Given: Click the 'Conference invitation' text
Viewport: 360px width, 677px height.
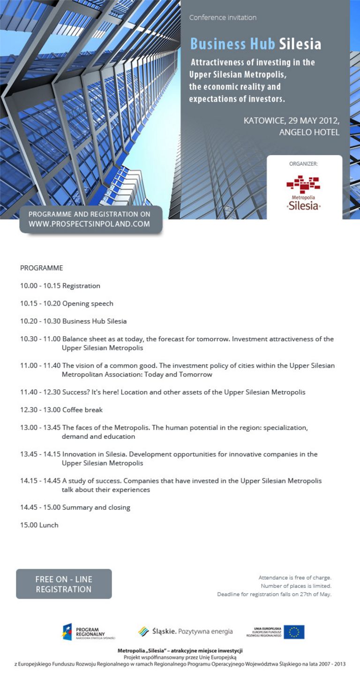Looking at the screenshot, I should pos(223,17).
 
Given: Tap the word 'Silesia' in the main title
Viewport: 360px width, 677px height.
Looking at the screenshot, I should pos(300,44).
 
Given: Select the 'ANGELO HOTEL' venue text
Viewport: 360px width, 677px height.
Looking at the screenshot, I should pos(309,132).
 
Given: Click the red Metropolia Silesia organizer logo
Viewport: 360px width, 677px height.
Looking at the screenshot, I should pos(303,192).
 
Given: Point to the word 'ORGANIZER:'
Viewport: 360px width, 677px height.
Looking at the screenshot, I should pos(303,164).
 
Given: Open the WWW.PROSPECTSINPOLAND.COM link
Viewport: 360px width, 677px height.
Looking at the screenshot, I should pos(89,224).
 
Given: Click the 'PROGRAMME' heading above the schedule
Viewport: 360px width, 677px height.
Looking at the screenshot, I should pos(41,268).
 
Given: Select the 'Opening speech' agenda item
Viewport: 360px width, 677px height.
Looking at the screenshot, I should pos(88,304).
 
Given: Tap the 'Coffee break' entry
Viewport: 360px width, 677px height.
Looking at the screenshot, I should pos(82,410).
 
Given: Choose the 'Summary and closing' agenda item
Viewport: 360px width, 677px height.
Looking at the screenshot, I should pos(96,507).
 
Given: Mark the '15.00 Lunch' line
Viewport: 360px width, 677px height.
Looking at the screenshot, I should pos(39,525).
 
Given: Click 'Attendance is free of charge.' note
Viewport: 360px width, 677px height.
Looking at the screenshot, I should pos(295,578).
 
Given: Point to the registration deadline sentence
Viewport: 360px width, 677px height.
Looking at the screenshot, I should pos(274,594).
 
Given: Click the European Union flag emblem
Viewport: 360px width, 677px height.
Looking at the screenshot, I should pos(294,632).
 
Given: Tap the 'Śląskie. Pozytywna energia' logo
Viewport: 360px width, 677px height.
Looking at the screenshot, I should pos(186,632).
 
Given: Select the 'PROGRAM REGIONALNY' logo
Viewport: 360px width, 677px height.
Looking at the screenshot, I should pos(88,632).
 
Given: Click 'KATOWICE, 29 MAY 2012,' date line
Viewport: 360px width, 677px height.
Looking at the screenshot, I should pos(291,120).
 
